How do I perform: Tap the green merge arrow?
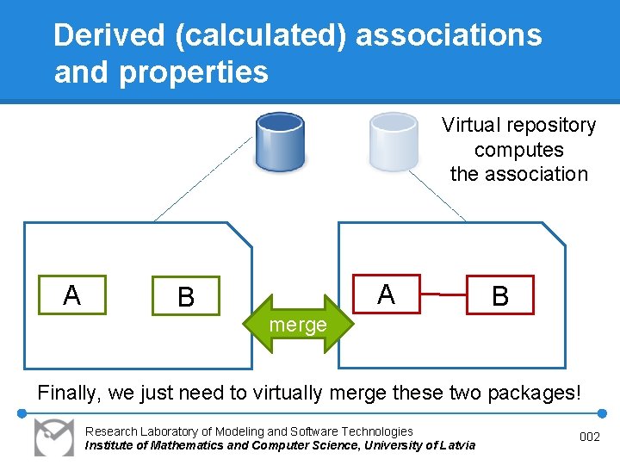tap(298, 325)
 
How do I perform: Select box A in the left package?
tap(72, 294)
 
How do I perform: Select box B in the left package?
tap(186, 296)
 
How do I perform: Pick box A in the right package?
tap(386, 294)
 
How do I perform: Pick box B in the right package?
tap(500, 295)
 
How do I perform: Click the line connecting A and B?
tap(443, 294)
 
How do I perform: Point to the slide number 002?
tap(590, 437)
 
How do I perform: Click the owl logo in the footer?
tap(54, 436)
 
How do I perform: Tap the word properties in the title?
tap(194, 72)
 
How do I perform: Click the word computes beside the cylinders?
tap(518, 150)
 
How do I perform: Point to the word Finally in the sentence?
tap(69, 394)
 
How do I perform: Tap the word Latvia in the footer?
tap(456, 445)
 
